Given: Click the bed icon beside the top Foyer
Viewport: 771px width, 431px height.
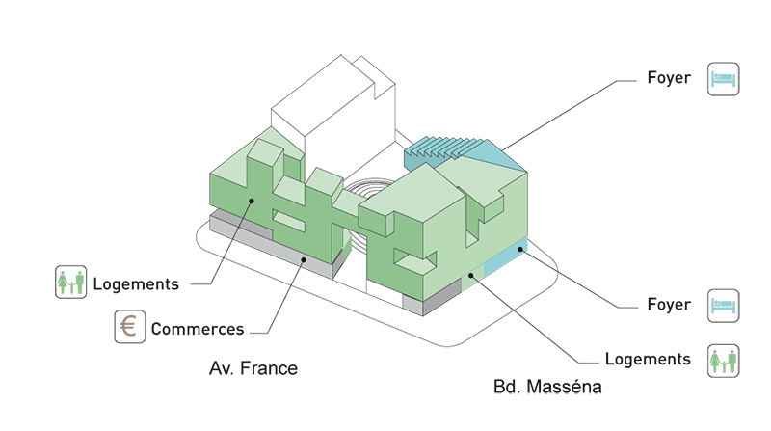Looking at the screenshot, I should pos(723,79).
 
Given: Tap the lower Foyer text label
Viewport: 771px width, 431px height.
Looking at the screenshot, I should pos(668,305).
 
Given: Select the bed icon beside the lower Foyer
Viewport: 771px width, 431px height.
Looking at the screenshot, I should pos(723,305).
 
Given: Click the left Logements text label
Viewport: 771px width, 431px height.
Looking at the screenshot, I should pos(136,284).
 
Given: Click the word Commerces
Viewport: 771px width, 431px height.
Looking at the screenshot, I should pos(197,329).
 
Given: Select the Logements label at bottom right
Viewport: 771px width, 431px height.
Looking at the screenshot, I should pos(648,360).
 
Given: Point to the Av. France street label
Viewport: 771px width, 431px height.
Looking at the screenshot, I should pos(253,367).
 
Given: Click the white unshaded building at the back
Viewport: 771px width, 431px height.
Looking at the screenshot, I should pos(328,106).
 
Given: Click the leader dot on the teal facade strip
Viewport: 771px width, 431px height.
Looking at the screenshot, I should pos(519,250).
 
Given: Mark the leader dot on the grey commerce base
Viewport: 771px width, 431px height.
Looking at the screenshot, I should pos(305,258).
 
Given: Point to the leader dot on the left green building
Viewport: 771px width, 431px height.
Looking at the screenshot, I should pos(251,201).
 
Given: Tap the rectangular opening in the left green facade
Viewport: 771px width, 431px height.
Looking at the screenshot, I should pos(289,224).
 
